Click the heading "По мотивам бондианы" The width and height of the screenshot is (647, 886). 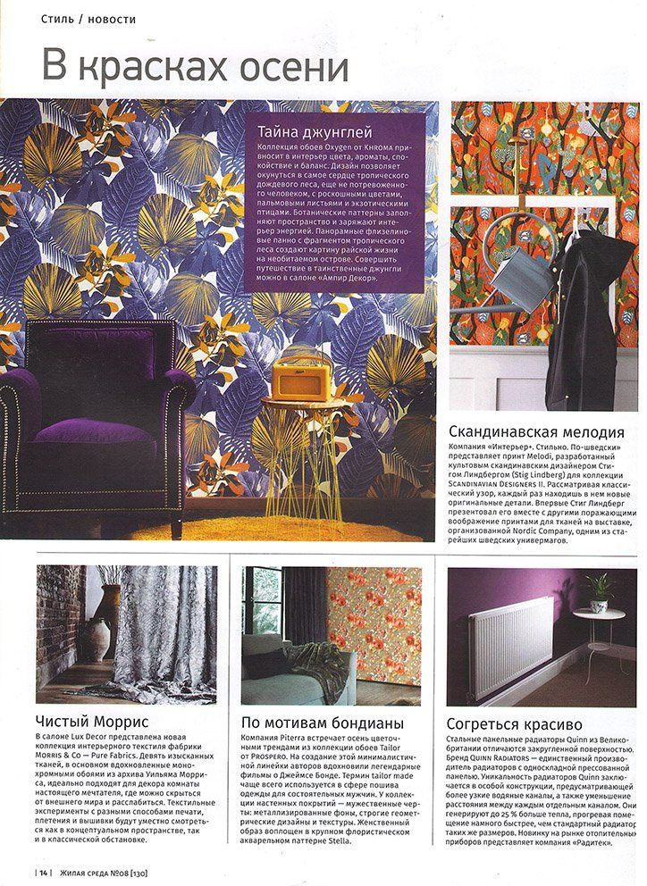coord(323,722)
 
